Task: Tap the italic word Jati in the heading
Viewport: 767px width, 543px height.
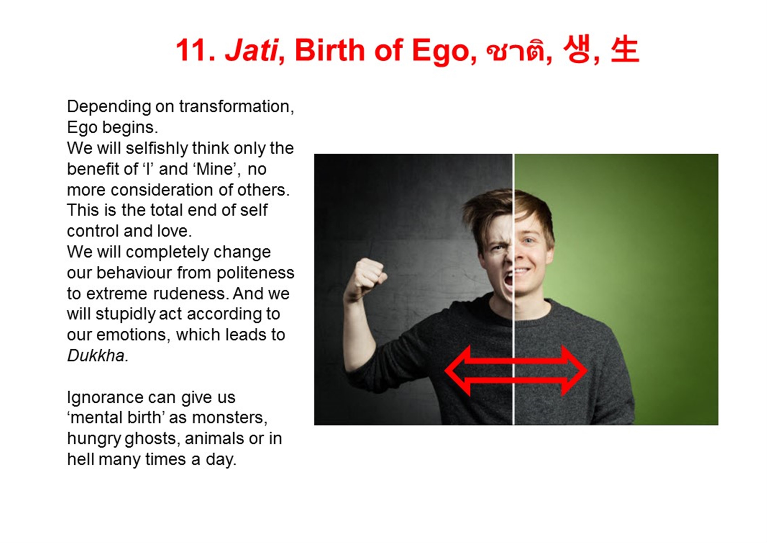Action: coord(251,50)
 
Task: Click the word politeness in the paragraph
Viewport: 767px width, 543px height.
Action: coord(255,273)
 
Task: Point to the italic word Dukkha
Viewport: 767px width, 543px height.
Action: coord(98,355)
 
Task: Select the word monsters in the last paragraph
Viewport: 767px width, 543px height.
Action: coord(230,418)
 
